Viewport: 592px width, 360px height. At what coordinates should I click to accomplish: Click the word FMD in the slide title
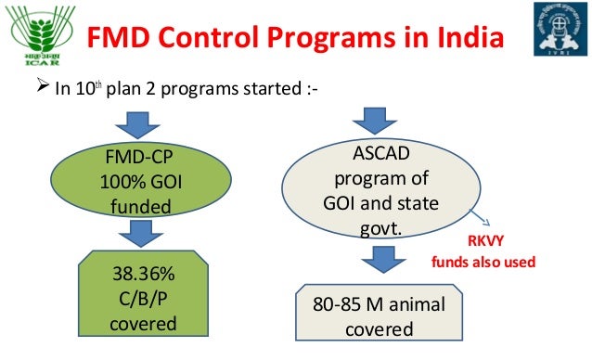(x=120, y=40)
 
